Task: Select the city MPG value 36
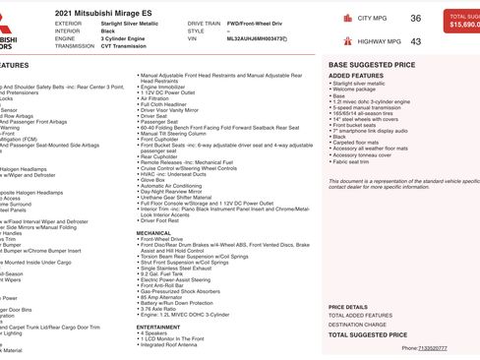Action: tap(415, 19)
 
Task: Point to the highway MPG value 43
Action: tap(415, 41)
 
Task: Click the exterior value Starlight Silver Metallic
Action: tap(129, 22)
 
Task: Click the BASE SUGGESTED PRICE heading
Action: tap(371, 64)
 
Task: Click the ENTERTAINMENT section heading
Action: tap(158, 327)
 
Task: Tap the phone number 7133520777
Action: tap(432, 347)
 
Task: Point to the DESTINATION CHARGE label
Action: tap(357, 324)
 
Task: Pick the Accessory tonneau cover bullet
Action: tap(363, 154)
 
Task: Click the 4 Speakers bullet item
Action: tap(154, 332)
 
